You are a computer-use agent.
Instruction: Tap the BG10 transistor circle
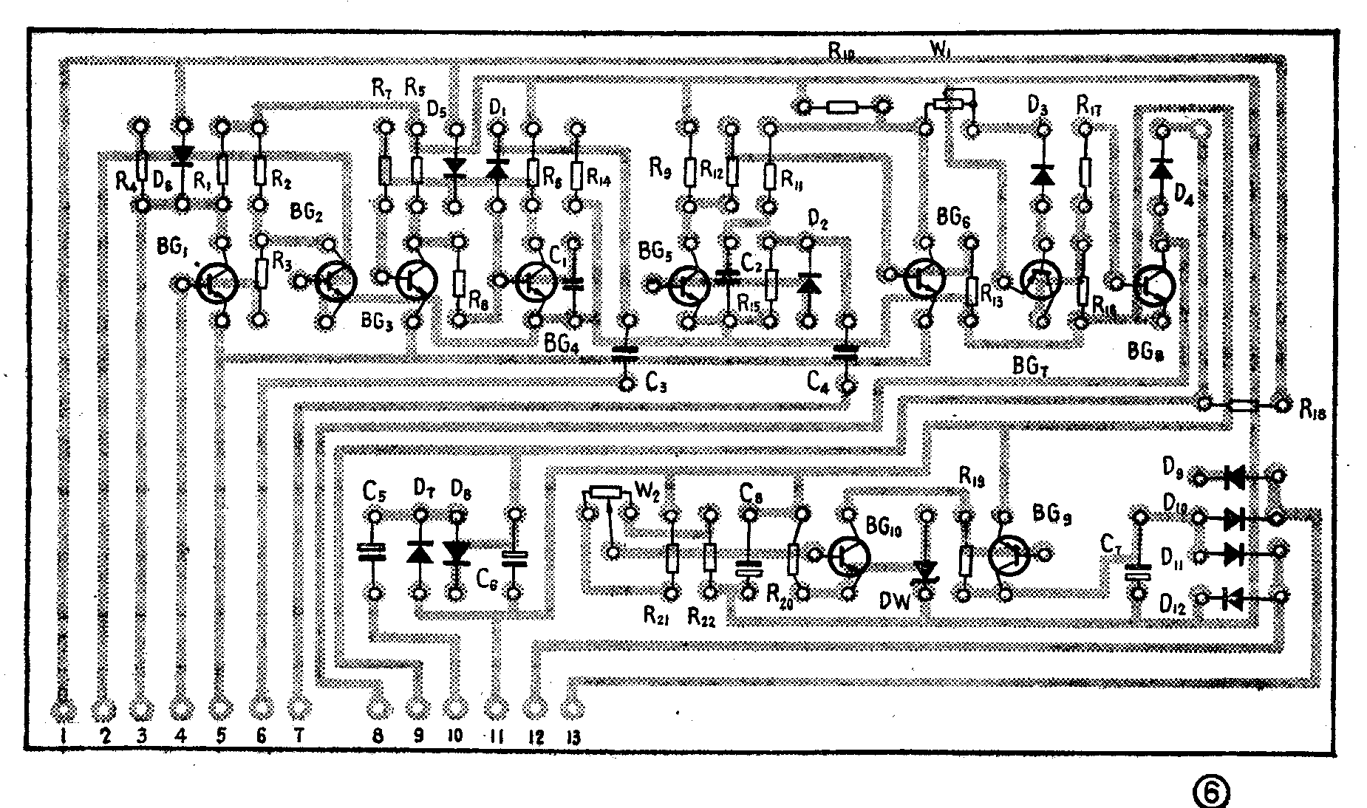point(848,555)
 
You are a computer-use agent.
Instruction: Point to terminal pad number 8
point(376,710)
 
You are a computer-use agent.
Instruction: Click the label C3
point(657,383)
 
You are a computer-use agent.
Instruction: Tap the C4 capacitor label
point(819,383)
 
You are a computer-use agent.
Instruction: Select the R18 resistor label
point(1312,411)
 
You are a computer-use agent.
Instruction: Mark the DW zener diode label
point(895,601)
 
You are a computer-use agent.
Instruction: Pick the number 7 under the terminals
point(299,736)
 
